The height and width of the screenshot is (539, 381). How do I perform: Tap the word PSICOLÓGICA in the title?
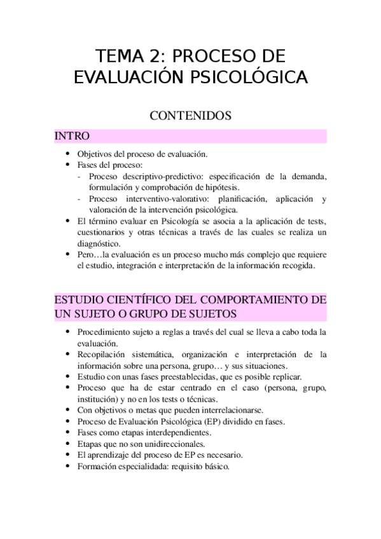pyautogui.click(x=250, y=77)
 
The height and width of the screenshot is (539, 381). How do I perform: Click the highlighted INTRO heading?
pyautogui.click(x=72, y=136)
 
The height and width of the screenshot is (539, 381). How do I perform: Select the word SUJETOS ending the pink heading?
pyautogui.click(x=210, y=314)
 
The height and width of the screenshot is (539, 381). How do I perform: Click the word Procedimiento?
pyautogui.click(x=105, y=332)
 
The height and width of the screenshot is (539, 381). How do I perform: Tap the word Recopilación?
pyautogui.click(x=104, y=355)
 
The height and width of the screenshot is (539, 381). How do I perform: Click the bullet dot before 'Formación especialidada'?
pyautogui.click(x=68, y=466)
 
